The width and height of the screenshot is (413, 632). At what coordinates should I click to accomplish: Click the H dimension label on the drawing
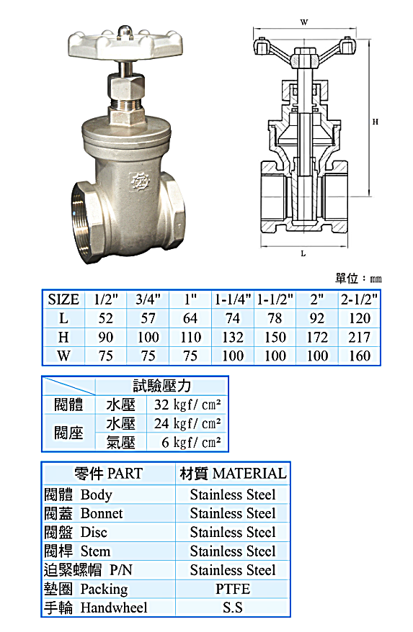click(375, 122)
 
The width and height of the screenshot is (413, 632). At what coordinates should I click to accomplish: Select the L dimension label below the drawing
click(303, 253)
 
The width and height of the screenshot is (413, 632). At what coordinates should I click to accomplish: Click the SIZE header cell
click(63, 299)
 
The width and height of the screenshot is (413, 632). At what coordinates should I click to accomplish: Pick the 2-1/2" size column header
click(359, 299)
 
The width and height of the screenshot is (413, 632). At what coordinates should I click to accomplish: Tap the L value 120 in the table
click(359, 318)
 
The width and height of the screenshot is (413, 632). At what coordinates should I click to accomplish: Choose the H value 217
click(359, 337)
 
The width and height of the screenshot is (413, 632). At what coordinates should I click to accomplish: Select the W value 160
click(359, 356)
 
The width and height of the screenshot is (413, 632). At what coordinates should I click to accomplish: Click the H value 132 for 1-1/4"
click(233, 337)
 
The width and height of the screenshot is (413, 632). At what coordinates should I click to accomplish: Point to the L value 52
click(106, 318)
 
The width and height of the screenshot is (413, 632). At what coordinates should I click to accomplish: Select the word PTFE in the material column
click(232, 589)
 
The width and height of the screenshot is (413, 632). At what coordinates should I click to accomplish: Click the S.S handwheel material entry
click(232, 608)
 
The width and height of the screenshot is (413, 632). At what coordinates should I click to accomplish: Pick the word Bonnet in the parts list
click(102, 513)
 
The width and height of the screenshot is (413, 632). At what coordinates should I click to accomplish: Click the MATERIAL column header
click(249, 474)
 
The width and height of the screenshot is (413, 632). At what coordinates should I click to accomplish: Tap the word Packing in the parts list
click(104, 589)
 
